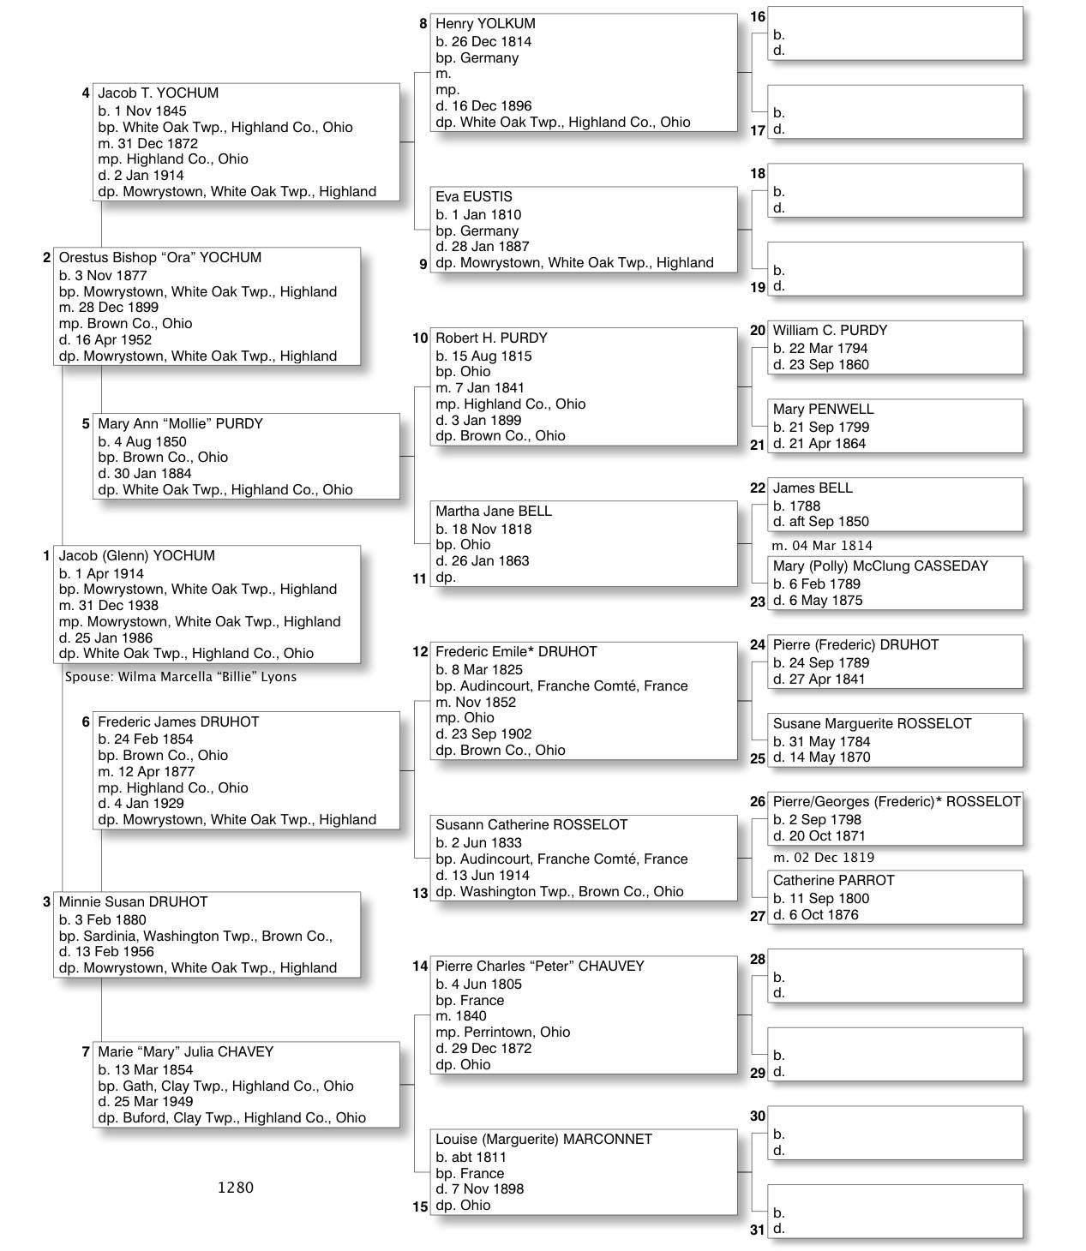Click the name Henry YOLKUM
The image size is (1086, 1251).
485,24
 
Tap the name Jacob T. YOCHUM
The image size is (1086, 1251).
158,93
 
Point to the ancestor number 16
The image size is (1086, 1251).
758,17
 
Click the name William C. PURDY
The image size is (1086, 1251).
830,331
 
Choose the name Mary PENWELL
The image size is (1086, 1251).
823,410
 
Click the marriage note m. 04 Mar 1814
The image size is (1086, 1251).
822,546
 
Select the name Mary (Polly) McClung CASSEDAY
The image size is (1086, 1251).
880,566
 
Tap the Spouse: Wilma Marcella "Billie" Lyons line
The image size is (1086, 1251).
181,677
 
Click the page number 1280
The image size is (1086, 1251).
236,1188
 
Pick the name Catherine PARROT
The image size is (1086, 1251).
833,881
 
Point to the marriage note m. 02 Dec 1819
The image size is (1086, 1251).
823,858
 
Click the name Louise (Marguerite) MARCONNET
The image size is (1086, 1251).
543,1140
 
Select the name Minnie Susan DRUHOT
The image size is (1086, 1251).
133,902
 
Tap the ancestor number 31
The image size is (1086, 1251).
757,1230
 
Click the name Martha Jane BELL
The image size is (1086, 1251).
494,512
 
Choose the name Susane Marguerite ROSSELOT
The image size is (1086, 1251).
872,724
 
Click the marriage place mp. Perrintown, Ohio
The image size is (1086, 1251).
502,1033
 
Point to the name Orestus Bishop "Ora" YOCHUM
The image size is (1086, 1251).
159,258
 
